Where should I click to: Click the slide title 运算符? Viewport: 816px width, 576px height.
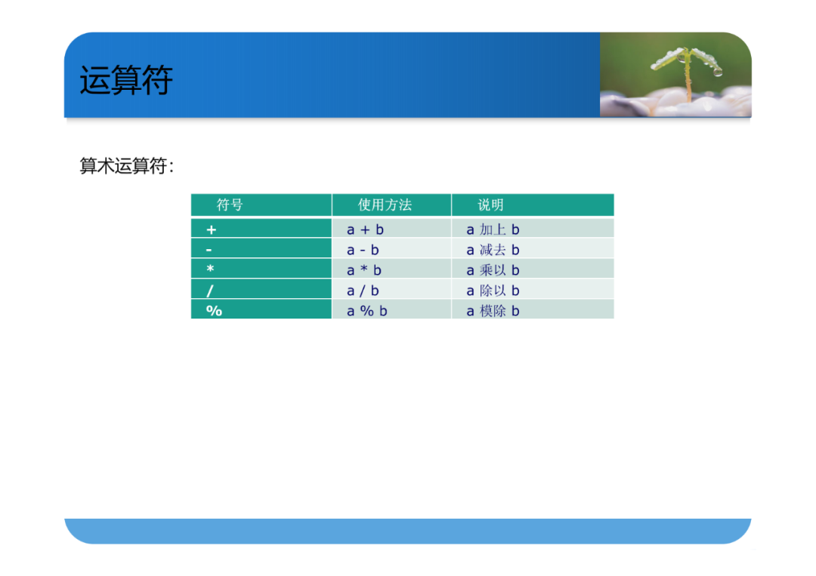pyautogui.click(x=126, y=80)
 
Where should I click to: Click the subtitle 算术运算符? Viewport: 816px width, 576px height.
pyautogui.click(x=126, y=166)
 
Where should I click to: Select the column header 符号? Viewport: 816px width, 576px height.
pyautogui.click(x=230, y=205)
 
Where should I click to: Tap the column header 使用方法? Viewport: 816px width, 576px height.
pyautogui.click(x=385, y=205)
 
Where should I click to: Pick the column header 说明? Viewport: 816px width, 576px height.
pyautogui.click(x=491, y=205)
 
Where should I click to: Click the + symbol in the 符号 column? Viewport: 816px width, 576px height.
pyautogui.click(x=212, y=229)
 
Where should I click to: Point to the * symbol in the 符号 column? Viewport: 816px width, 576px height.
pyautogui.click(x=210, y=269)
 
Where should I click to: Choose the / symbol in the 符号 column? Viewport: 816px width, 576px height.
pyautogui.click(x=210, y=291)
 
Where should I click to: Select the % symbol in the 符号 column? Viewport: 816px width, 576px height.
pyautogui.click(x=214, y=311)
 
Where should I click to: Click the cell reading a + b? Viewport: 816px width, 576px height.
pyautogui.click(x=366, y=229)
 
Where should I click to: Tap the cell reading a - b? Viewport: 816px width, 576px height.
pyautogui.click(x=363, y=250)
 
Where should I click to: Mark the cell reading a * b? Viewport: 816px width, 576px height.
pyautogui.click(x=364, y=270)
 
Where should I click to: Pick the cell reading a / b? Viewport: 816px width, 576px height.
pyautogui.click(x=363, y=291)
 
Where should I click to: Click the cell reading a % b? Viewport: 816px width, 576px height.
pyautogui.click(x=367, y=311)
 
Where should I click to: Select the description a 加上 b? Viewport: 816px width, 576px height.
pyautogui.click(x=493, y=229)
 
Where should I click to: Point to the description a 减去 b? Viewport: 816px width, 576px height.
pyautogui.click(x=493, y=250)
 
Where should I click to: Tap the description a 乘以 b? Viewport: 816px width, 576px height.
pyautogui.click(x=493, y=270)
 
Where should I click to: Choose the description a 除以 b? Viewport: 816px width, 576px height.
pyautogui.click(x=493, y=291)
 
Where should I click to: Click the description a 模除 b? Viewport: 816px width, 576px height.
pyautogui.click(x=493, y=311)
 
